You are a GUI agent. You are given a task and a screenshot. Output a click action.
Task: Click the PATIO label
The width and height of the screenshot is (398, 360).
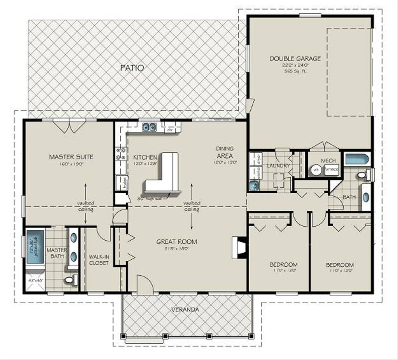[x=133, y=68]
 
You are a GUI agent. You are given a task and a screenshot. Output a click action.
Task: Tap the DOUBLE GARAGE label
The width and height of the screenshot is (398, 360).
[x=295, y=59]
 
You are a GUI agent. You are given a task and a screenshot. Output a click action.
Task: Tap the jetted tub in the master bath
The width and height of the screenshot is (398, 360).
[x=35, y=247]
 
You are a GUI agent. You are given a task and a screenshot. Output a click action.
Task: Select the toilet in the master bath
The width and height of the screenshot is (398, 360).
[x=71, y=280]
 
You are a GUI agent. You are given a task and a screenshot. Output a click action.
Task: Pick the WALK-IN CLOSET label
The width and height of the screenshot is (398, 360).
[x=99, y=260]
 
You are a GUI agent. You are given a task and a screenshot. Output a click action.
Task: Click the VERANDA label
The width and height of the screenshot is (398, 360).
[x=185, y=310]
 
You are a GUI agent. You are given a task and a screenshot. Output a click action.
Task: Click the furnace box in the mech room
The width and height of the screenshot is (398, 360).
[x=332, y=170]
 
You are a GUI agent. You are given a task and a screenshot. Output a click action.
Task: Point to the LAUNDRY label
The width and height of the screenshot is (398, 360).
[x=278, y=166]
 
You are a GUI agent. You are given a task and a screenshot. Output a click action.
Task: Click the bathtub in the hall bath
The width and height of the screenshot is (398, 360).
[x=358, y=159]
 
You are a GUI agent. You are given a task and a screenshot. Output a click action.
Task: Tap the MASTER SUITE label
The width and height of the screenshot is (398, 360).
[x=71, y=157]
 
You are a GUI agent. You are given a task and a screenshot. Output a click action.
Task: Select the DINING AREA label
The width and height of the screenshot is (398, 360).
[x=225, y=152]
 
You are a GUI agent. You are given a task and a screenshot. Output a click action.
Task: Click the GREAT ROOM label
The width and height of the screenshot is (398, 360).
[x=176, y=241]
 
